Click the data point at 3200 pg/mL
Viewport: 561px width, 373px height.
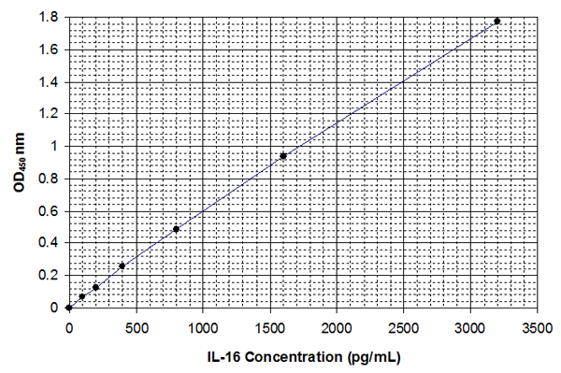pyautogui.click(x=496, y=21)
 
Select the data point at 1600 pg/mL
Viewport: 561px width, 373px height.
pyautogui.click(x=282, y=155)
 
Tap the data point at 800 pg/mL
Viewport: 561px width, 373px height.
pyautogui.click(x=176, y=229)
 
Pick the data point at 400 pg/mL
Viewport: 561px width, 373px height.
pyautogui.click(x=122, y=266)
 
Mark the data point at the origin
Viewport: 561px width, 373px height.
pyautogui.click(x=68, y=307)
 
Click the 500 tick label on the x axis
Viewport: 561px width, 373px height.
pyautogui.click(x=136, y=328)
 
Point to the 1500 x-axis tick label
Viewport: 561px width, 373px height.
pyautogui.click(x=269, y=328)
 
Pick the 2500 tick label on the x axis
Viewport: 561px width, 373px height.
pyautogui.click(x=403, y=328)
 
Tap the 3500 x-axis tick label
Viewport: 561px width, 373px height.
pyautogui.click(x=537, y=328)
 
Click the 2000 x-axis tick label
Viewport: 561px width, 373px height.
pyautogui.click(x=336, y=328)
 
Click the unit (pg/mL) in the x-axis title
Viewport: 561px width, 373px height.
pyautogui.click(x=376, y=356)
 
